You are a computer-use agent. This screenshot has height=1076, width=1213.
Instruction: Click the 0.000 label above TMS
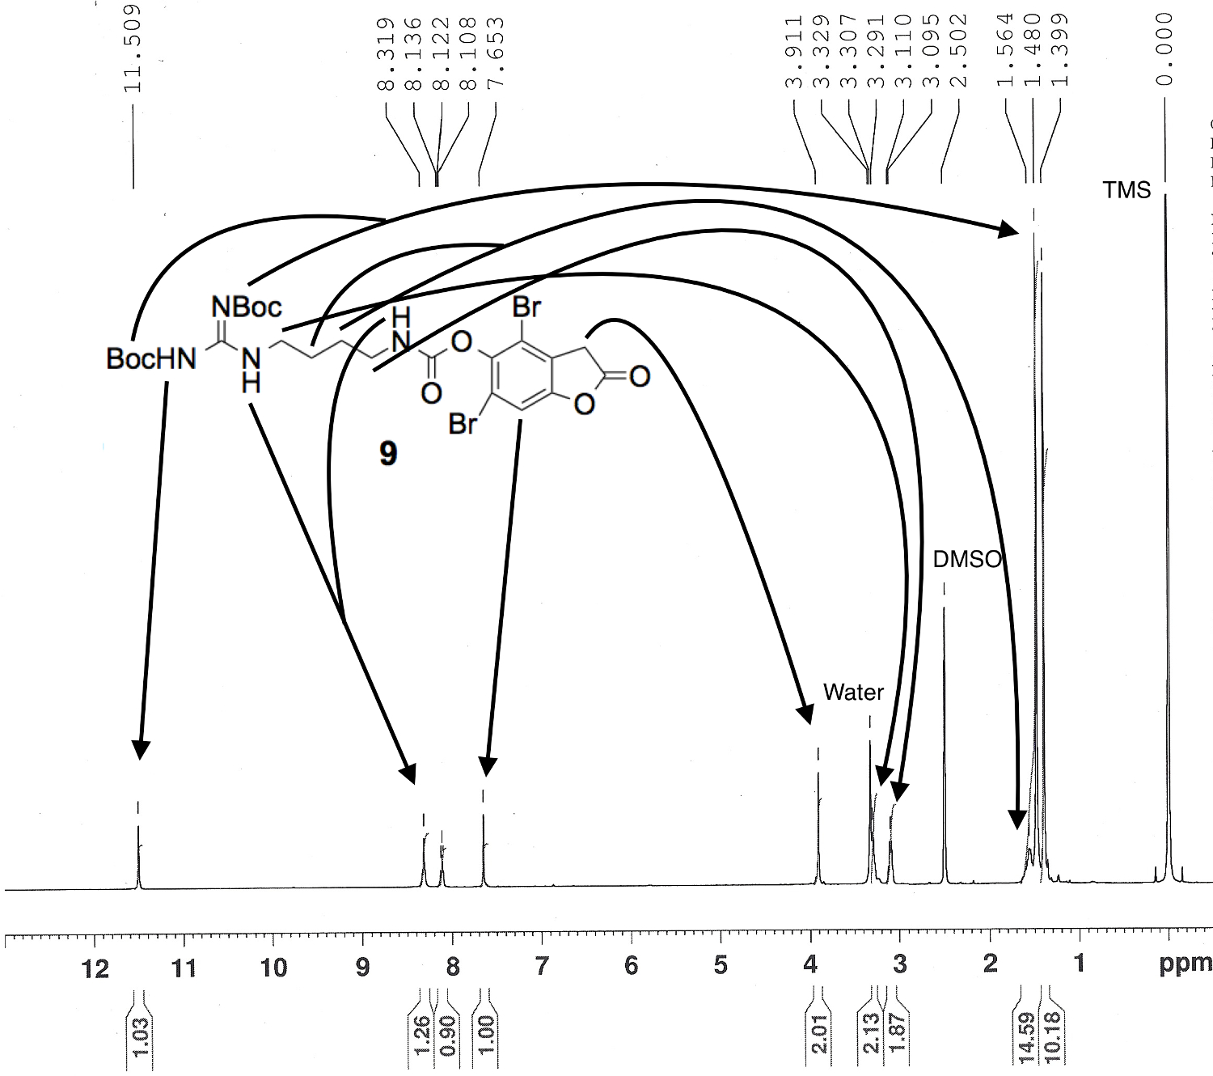(x=1164, y=49)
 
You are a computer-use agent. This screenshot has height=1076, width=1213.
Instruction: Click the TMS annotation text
(x=1126, y=190)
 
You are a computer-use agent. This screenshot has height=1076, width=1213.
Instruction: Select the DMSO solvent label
(x=967, y=560)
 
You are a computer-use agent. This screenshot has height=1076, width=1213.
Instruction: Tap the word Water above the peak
(x=853, y=693)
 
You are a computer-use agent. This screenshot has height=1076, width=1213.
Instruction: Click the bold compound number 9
(x=388, y=454)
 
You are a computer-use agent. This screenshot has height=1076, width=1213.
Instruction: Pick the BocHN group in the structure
(x=151, y=359)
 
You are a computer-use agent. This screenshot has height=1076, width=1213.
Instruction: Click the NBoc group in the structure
(x=247, y=307)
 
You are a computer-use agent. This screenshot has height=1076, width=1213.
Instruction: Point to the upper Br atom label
(x=526, y=308)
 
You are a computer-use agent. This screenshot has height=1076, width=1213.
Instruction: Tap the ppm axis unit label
(x=1186, y=964)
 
